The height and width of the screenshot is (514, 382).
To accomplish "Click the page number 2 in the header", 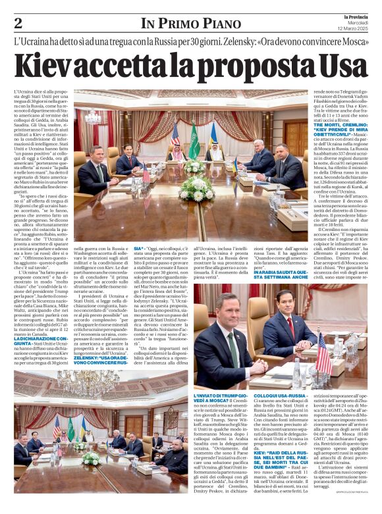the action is coord(18,23).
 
